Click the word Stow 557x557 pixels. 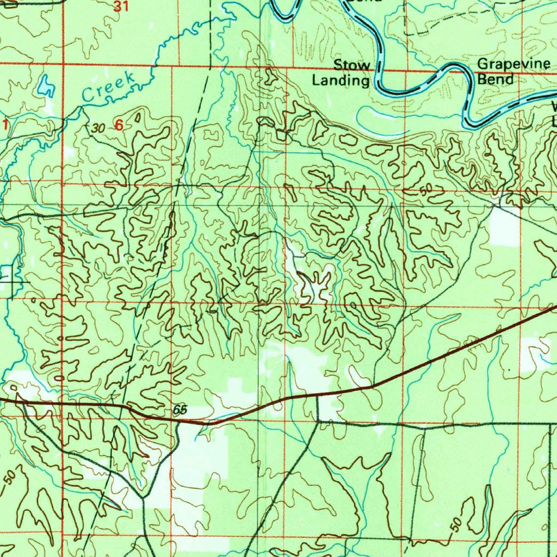[352, 66]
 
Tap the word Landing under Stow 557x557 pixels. [340, 81]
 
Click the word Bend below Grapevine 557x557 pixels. [495, 79]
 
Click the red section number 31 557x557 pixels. [122, 7]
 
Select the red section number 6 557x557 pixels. [119, 125]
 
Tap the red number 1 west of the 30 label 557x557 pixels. [5, 125]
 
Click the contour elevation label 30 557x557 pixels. [98, 128]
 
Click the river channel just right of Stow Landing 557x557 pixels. [379, 76]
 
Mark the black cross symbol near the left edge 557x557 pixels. [12, 282]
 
